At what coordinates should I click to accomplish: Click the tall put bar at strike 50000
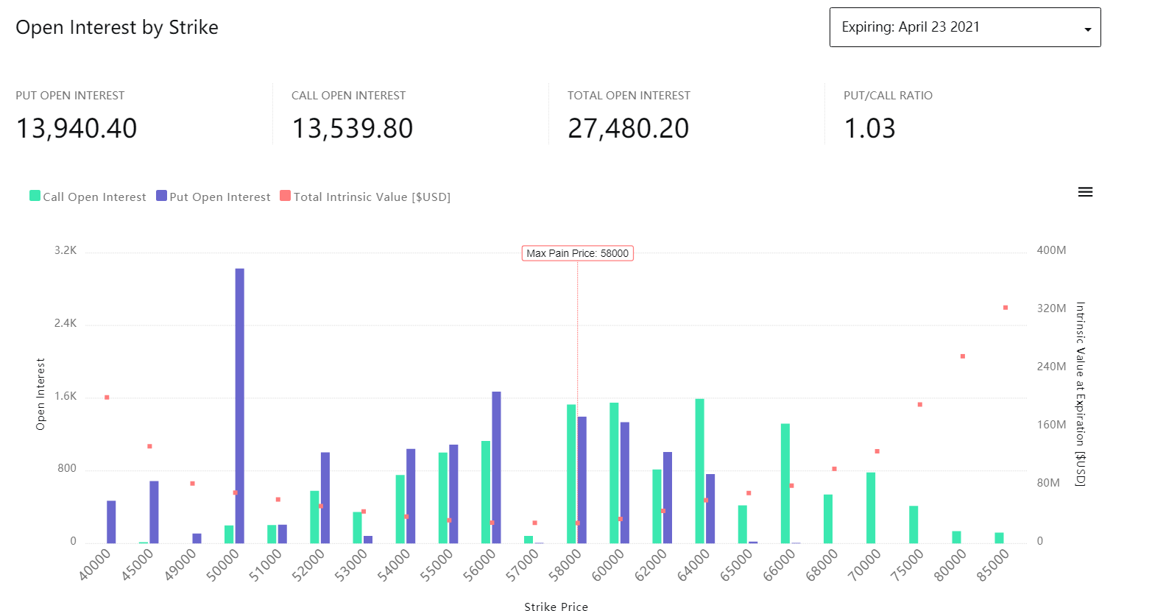(240, 405)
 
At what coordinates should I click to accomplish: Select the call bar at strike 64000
(699, 471)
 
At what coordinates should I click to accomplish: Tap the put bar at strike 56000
(497, 467)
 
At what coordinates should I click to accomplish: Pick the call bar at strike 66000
(785, 484)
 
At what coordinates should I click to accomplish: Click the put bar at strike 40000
(111, 522)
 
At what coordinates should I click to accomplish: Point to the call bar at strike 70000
(871, 508)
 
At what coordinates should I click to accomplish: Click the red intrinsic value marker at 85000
(1006, 308)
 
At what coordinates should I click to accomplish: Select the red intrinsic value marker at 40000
(107, 398)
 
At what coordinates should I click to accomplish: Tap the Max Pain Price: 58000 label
(578, 253)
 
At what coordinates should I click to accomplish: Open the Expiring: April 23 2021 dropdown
(964, 28)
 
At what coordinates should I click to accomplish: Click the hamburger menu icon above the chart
(1085, 192)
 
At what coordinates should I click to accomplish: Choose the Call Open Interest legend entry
(88, 197)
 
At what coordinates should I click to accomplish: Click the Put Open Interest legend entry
(213, 197)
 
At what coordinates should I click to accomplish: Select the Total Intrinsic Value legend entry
(365, 197)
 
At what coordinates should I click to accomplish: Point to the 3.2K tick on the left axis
(66, 250)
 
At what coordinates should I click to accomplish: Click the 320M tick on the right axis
(1051, 308)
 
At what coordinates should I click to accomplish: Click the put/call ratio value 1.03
(869, 129)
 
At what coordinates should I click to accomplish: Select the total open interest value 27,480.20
(628, 129)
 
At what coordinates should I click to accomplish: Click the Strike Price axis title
(556, 607)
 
